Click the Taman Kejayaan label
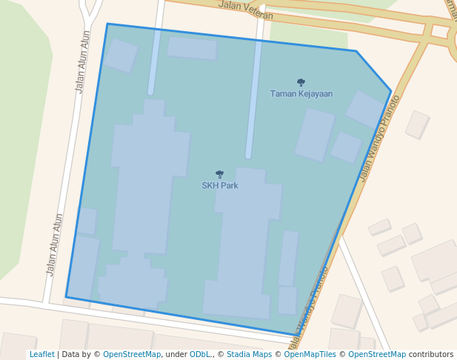coord(301,94)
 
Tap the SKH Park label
coord(220,185)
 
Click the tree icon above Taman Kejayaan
coord(301,83)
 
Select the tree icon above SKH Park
coord(219,174)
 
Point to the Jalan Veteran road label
coord(246,10)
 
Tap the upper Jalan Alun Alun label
coord(83,61)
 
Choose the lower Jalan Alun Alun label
coord(55,244)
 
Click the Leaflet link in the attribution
coord(41,355)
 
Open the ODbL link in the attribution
coord(200,355)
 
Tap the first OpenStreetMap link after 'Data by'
coord(132,355)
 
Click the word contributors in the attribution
coord(431,355)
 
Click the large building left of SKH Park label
coord(148,185)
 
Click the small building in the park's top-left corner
coord(120,56)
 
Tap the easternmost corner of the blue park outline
coord(391,91)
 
